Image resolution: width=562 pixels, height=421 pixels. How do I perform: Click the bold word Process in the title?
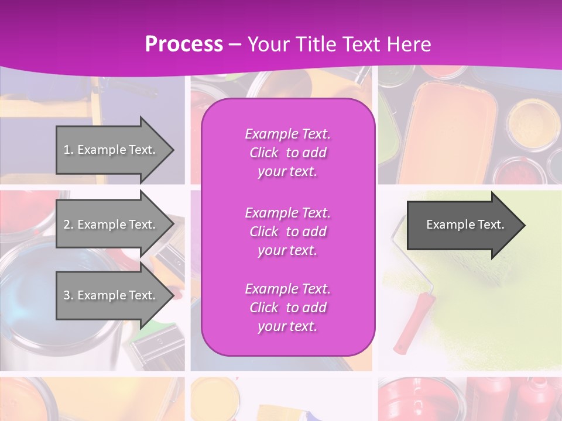tap(184, 44)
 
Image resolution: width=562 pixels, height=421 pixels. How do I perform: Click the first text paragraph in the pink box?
tap(287, 153)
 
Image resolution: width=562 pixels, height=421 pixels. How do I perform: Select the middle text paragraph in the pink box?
tap(287, 232)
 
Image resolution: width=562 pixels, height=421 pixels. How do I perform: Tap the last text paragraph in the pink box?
tap(287, 308)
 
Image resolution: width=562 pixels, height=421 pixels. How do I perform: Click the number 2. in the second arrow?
tap(68, 225)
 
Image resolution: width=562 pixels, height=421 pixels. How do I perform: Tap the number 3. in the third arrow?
tap(68, 295)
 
